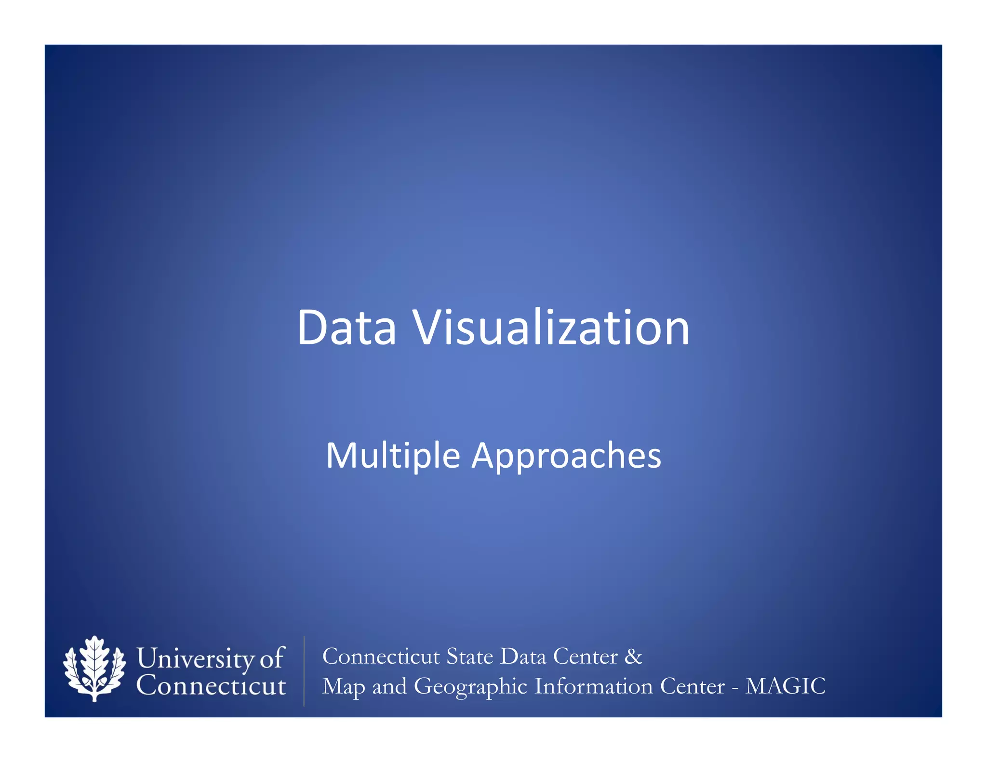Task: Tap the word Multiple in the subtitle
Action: (x=393, y=456)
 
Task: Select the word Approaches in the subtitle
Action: (x=566, y=456)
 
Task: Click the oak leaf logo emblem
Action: (x=94, y=668)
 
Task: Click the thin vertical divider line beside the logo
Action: (x=304, y=671)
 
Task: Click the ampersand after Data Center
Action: (x=633, y=656)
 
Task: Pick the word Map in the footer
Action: (x=344, y=686)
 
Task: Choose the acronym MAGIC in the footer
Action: (x=785, y=686)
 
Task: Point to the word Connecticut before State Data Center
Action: (x=381, y=656)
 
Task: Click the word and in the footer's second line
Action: (x=389, y=686)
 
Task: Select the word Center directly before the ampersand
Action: (x=585, y=656)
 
